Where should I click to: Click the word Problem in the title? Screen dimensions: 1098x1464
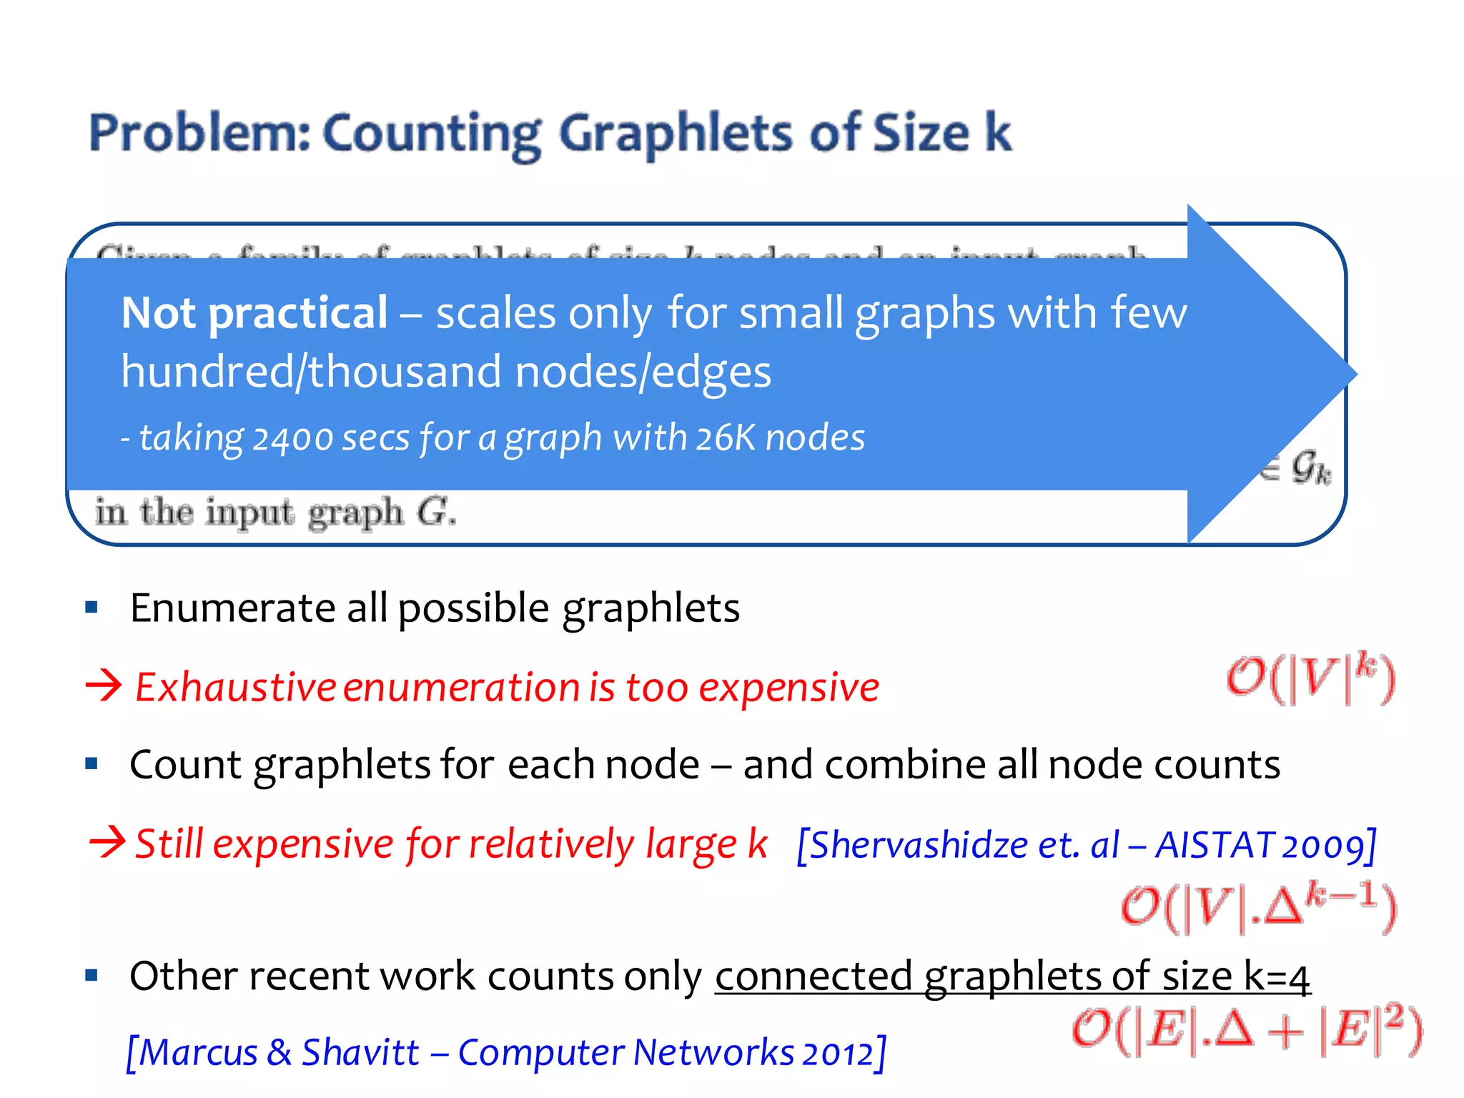[199, 134]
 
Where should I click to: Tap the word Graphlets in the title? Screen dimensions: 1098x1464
[675, 134]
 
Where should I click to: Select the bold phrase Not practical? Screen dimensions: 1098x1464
[254, 313]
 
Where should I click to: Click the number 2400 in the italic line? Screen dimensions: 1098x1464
[292, 439]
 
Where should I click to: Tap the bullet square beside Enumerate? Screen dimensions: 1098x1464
[91, 608]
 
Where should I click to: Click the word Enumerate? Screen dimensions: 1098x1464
[232, 608]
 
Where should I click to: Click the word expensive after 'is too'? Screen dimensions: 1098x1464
[788, 688]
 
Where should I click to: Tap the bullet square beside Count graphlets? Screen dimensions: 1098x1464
[91, 763]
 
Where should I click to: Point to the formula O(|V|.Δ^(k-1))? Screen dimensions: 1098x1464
[1257, 908]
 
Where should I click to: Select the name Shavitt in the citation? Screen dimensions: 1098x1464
[360, 1052]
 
